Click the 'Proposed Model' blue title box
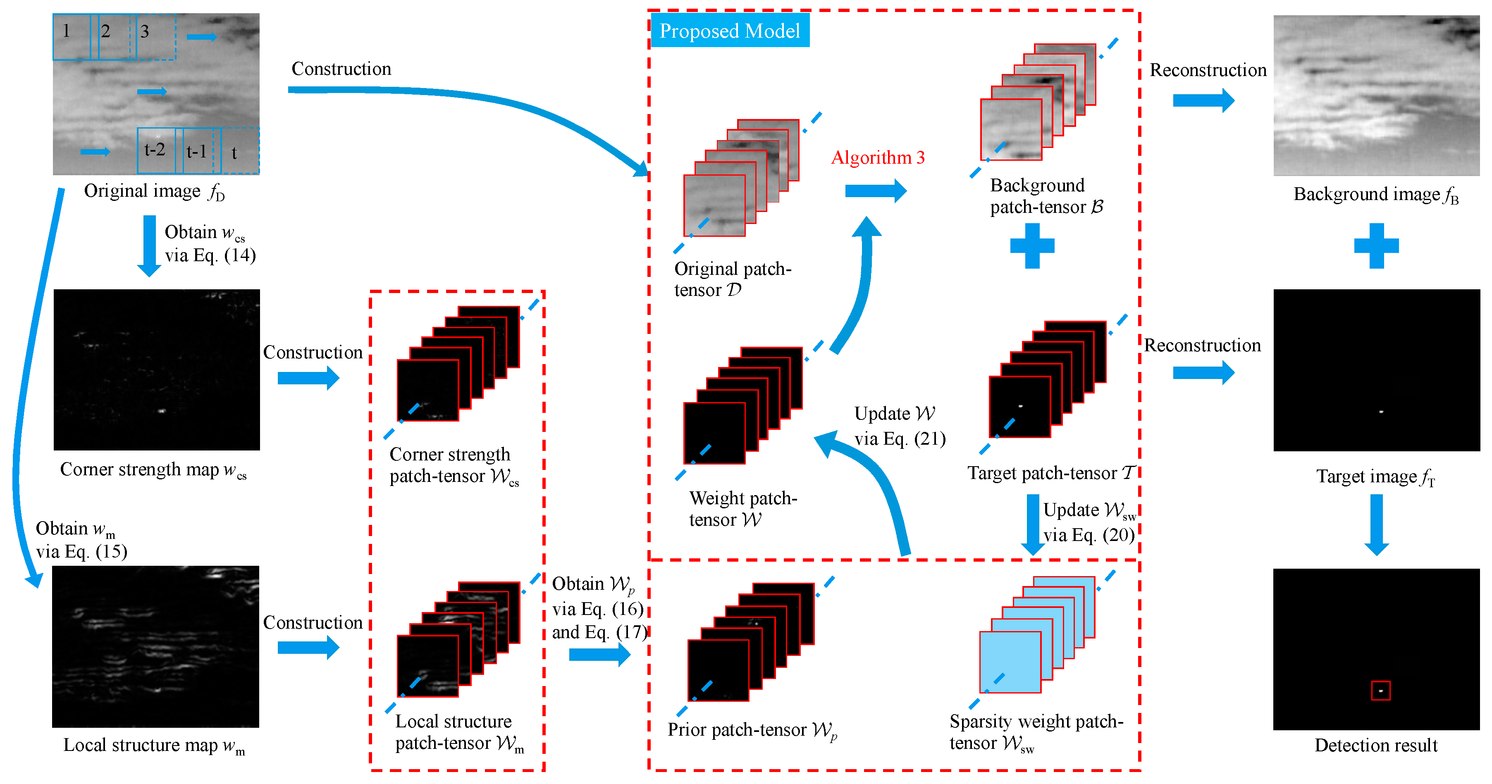[x=729, y=31]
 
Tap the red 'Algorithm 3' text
[x=878, y=157]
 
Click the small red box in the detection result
[x=1381, y=690]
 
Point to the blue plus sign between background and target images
[x=1376, y=245]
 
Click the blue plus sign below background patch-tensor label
[x=1032, y=245]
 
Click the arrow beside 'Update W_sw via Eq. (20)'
[x=1032, y=524]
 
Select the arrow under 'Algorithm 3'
[x=875, y=191]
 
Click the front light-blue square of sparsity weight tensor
[x=1010, y=662]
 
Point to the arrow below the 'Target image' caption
[x=1376, y=524]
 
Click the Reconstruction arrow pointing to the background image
[x=1203, y=100]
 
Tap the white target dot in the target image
[x=1381, y=412]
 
